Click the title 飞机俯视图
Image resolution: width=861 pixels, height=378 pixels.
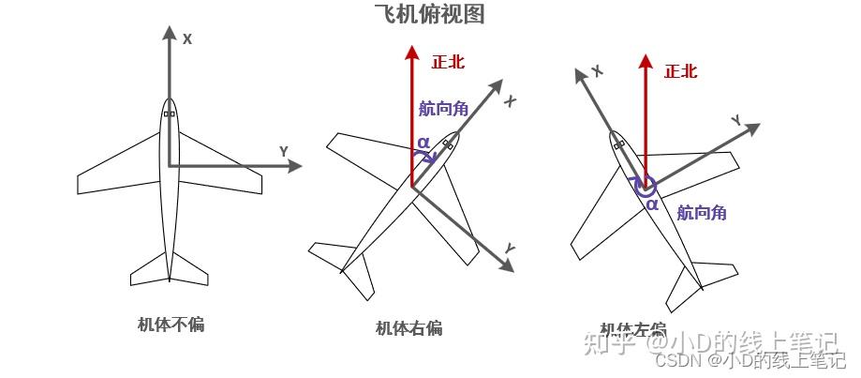(429, 14)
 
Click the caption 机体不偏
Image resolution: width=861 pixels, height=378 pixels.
(170, 325)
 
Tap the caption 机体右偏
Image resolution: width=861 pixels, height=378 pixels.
(408, 327)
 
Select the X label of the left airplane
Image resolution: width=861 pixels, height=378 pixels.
(187, 39)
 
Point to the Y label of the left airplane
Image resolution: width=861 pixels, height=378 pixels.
(283, 151)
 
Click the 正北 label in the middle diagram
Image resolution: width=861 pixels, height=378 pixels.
(447, 63)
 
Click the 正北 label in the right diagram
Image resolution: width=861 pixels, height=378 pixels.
(680, 71)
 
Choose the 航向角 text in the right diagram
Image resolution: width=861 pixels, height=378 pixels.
(702, 213)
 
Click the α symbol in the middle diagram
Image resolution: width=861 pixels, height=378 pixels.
(423, 143)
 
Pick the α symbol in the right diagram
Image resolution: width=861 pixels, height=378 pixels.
(652, 203)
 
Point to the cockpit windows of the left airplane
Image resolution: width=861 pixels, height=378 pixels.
(169, 113)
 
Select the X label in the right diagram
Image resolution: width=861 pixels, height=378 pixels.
(597, 70)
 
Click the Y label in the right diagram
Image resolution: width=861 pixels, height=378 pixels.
(736, 120)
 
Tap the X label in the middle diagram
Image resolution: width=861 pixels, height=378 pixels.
(511, 100)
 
